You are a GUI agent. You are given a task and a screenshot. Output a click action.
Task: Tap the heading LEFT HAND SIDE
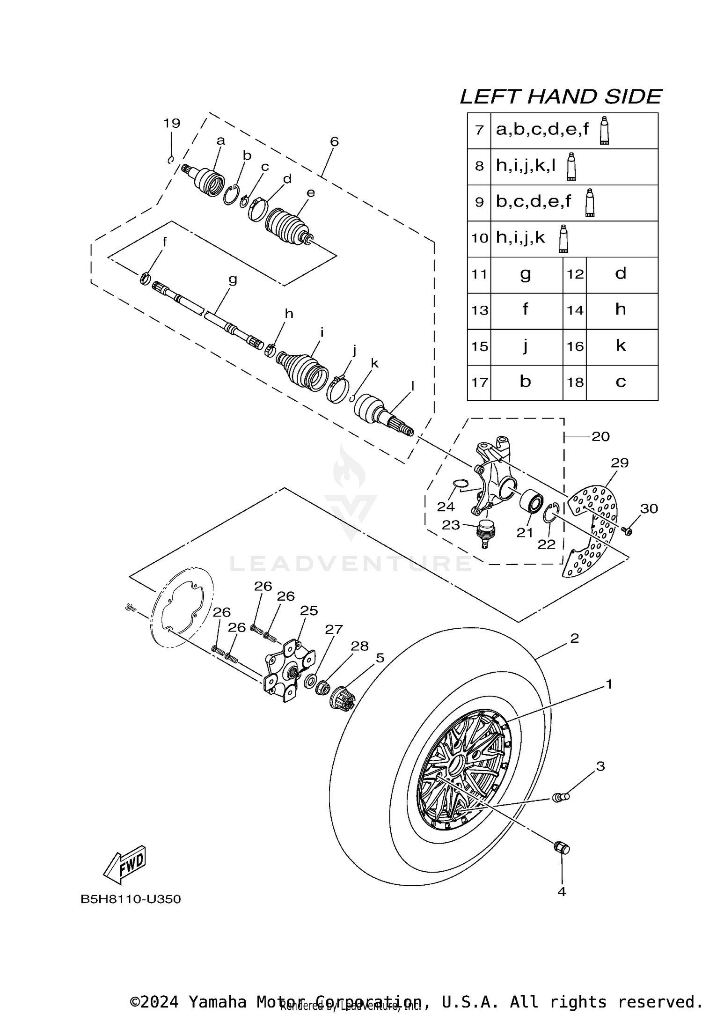click(x=560, y=97)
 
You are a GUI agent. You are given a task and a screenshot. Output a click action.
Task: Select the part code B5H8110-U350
click(x=131, y=899)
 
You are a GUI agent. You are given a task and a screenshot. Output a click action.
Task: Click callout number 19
click(x=172, y=123)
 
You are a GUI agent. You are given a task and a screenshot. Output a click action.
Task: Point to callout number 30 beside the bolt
click(x=649, y=508)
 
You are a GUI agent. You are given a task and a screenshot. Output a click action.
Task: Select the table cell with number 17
click(x=479, y=382)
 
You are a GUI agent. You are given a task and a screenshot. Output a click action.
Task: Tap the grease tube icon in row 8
click(x=570, y=167)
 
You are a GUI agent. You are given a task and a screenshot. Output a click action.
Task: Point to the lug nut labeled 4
click(x=561, y=847)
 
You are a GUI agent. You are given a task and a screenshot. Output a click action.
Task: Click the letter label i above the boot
click(x=322, y=332)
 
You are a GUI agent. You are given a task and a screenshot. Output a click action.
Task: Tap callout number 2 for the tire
click(x=575, y=639)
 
